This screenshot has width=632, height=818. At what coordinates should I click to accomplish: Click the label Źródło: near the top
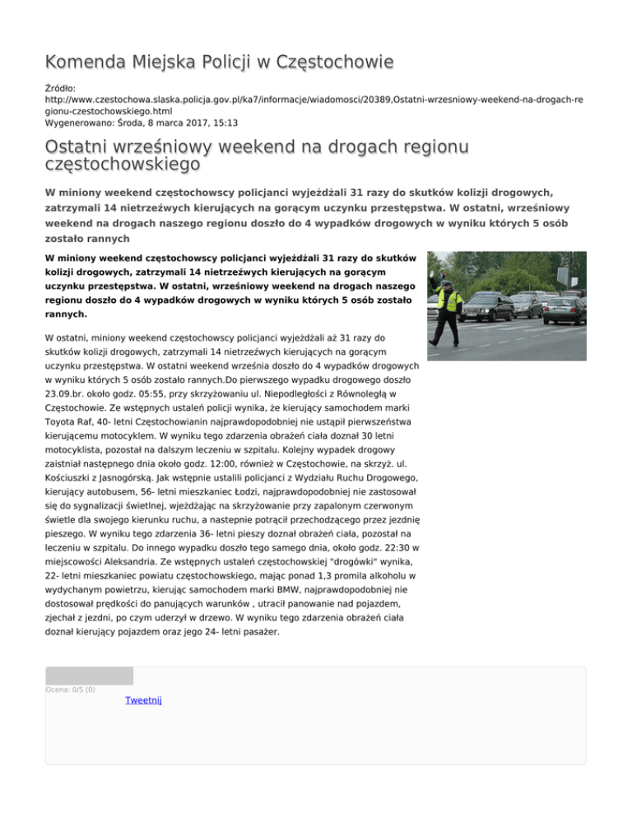coord(59,86)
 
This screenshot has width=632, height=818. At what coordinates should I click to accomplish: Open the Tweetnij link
coord(144,699)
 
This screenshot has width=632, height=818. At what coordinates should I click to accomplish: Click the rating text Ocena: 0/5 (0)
coord(70,690)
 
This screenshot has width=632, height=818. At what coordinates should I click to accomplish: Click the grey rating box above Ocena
coord(89,676)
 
